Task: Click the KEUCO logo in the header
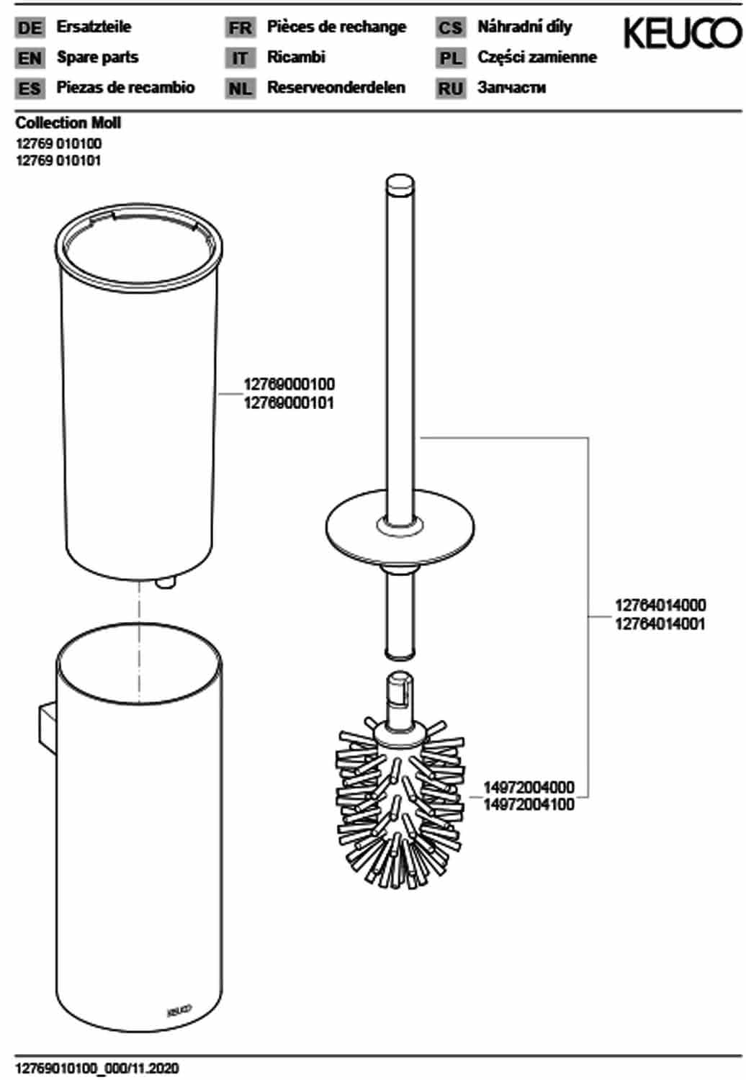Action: coord(683,34)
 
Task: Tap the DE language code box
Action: coord(30,27)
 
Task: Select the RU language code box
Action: coord(450,89)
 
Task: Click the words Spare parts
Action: coord(97,58)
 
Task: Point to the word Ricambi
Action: coord(296,57)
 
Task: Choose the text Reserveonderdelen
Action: coord(336,87)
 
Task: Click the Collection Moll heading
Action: coord(68,123)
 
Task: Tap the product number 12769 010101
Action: coord(58,161)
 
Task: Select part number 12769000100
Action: coord(289,384)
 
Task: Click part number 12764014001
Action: coord(660,624)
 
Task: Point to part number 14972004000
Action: coord(529,788)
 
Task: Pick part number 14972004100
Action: coord(529,804)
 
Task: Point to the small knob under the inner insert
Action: coord(166,582)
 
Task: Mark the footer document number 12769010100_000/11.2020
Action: coord(97,1068)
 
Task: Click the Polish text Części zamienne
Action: coord(537,58)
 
